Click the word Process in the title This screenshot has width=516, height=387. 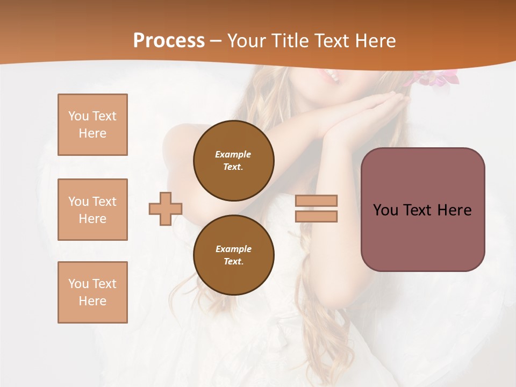pyautogui.click(x=169, y=41)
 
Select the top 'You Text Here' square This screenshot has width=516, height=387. pyautogui.click(x=92, y=125)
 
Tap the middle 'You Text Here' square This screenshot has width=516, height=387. pyautogui.click(x=92, y=210)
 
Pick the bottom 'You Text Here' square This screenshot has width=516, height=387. pyautogui.click(x=92, y=292)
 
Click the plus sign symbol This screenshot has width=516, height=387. pyautogui.click(x=166, y=209)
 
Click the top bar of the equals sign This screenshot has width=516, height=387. pyautogui.click(x=316, y=200)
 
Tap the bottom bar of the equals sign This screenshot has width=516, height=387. pyautogui.click(x=316, y=216)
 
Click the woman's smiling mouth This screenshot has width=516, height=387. pyautogui.click(x=331, y=77)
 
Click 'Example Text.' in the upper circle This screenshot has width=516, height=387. pyautogui.click(x=233, y=160)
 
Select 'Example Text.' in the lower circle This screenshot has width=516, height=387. pyautogui.click(x=233, y=255)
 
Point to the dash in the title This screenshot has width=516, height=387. pyautogui.click(x=216, y=41)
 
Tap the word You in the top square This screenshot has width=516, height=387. pyautogui.click(x=78, y=116)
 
